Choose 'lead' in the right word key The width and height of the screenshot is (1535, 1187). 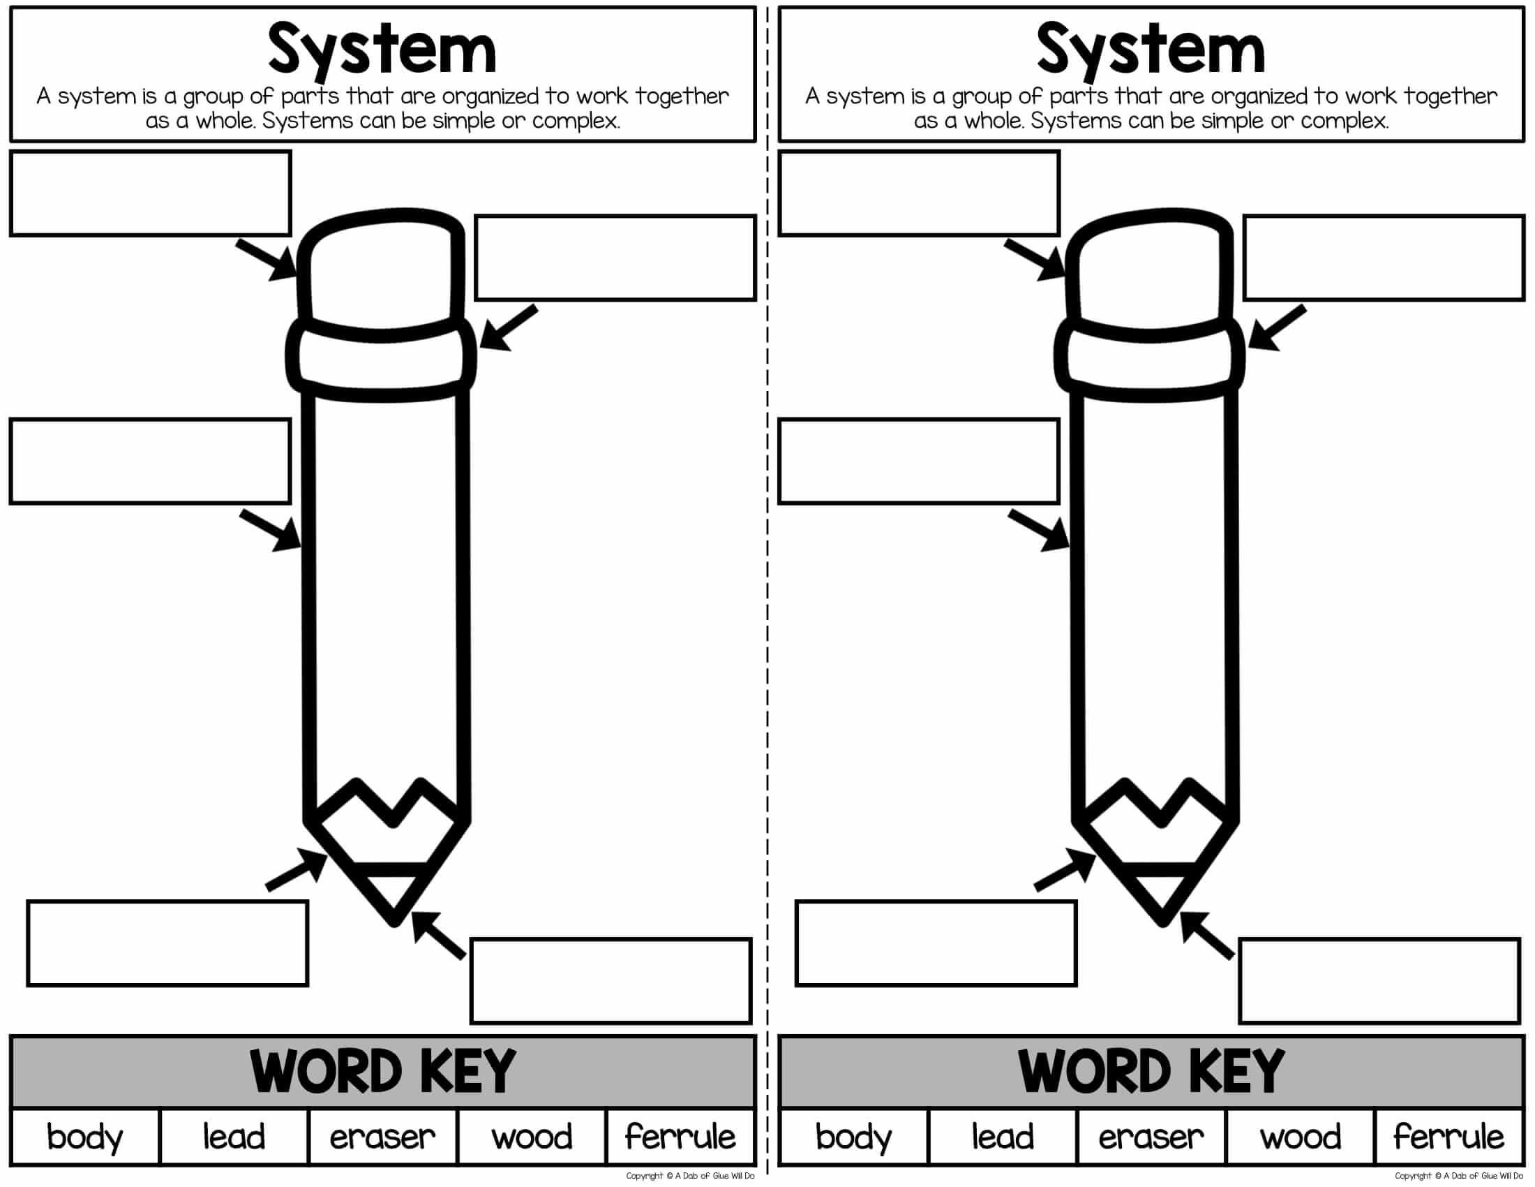[x=1002, y=1136]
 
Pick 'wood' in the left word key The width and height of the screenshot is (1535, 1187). [x=532, y=1136]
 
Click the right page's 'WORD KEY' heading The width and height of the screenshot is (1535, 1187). [x=1151, y=1071]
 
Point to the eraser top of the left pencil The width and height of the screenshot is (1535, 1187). [x=381, y=271]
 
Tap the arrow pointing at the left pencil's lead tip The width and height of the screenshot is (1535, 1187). [x=439, y=934]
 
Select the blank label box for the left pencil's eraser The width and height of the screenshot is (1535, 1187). [x=151, y=193]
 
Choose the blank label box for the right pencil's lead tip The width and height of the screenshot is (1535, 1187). [x=1379, y=980]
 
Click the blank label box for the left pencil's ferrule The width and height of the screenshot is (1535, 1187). [x=615, y=258]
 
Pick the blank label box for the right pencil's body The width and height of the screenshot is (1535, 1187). [x=919, y=462]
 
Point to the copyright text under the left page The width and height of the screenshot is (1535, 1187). [x=690, y=1176]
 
